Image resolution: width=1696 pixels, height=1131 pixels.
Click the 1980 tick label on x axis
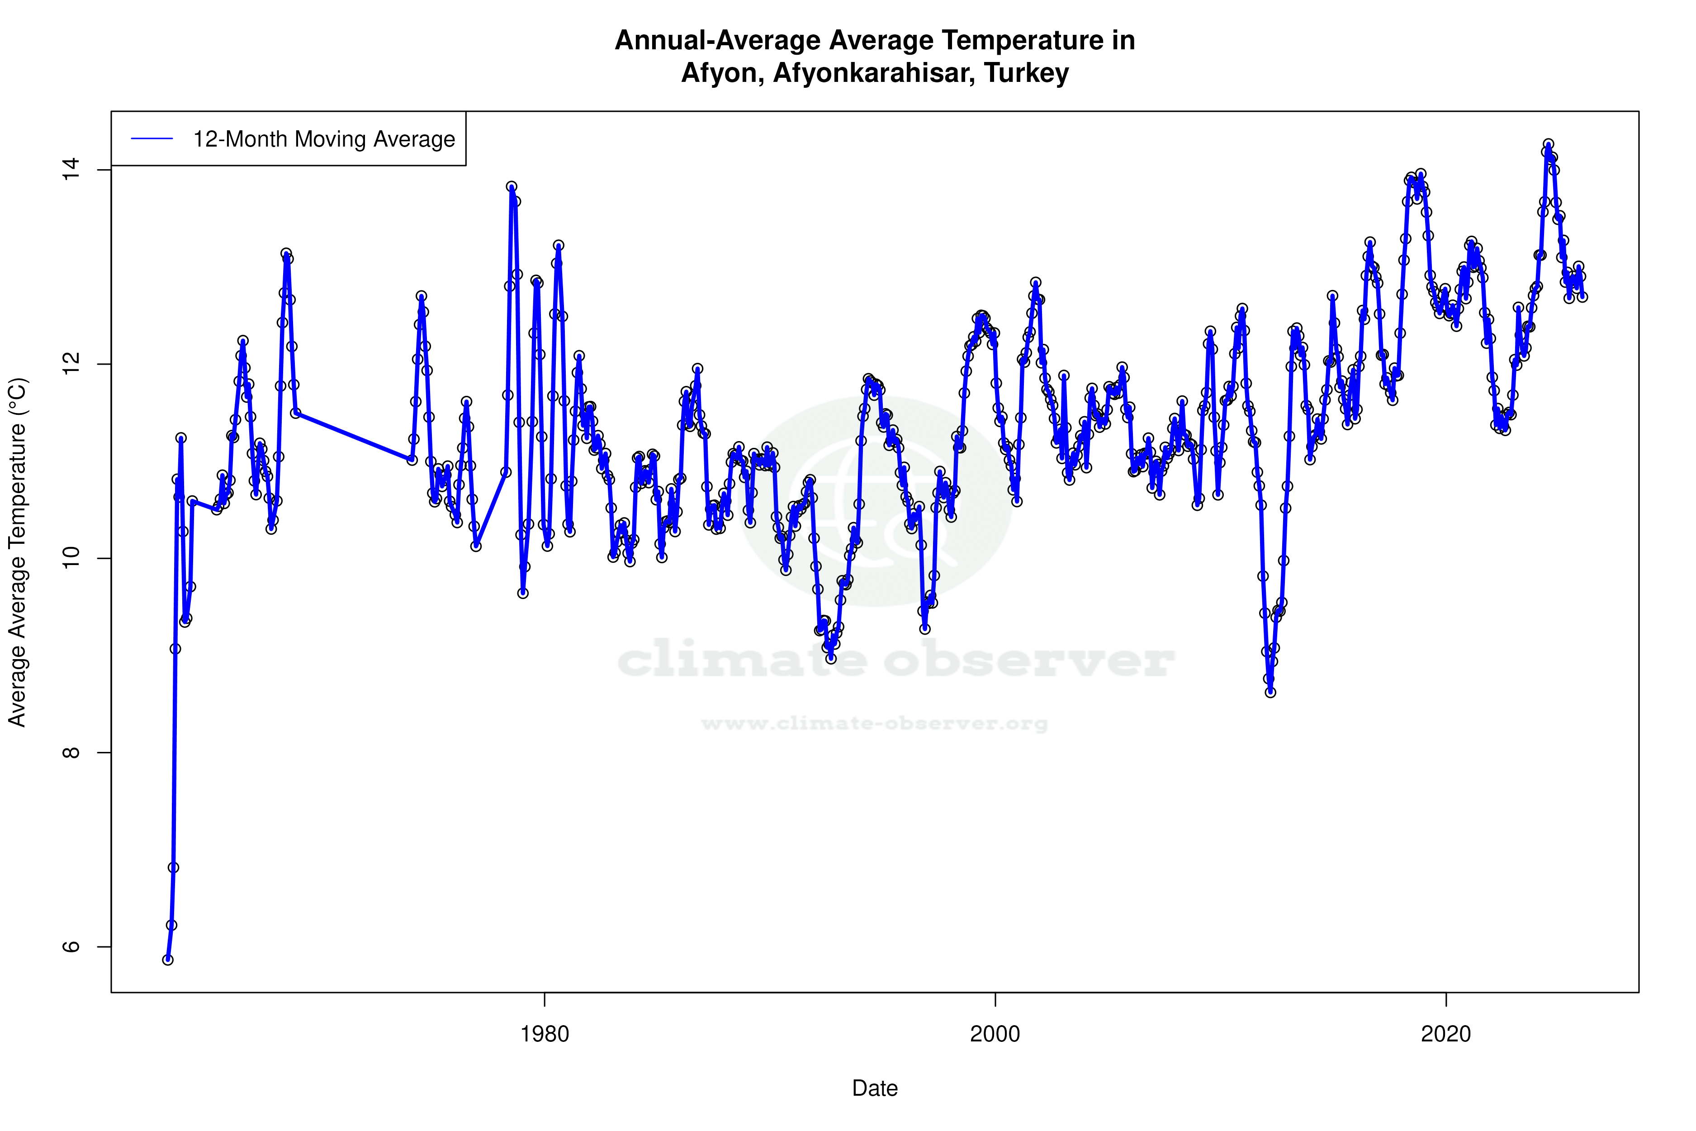tap(545, 1034)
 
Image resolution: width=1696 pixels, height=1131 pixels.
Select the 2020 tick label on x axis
tap(1446, 1034)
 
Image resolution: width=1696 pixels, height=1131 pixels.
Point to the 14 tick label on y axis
tap(71, 170)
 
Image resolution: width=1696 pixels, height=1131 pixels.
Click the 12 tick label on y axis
tap(71, 364)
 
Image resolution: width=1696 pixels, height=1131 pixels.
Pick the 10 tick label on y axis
tap(71, 558)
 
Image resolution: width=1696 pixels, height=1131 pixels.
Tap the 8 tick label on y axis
tap(71, 752)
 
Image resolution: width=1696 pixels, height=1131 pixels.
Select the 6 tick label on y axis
tap(71, 946)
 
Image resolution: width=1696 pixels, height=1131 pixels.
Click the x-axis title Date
tap(875, 1088)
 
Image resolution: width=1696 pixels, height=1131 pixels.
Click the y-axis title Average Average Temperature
tap(17, 552)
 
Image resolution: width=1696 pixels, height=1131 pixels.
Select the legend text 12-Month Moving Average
tap(324, 139)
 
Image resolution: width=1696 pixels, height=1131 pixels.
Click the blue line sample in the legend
tap(152, 139)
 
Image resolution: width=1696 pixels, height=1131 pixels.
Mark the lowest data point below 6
tap(168, 960)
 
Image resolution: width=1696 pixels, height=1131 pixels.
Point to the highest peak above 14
tap(1548, 144)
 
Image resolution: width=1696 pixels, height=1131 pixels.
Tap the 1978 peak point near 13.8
tap(511, 186)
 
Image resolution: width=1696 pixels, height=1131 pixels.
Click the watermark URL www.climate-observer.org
tap(875, 723)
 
